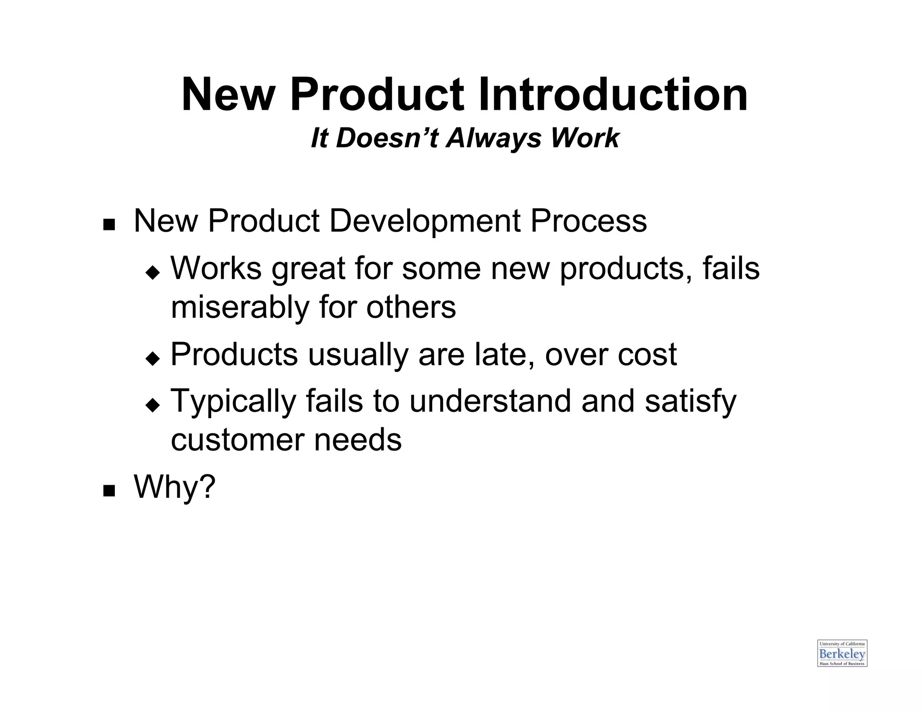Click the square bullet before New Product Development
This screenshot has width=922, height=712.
coord(108,224)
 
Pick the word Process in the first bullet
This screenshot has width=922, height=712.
coord(588,221)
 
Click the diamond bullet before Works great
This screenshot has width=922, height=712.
coord(153,272)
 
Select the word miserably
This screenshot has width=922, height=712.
coord(240,307)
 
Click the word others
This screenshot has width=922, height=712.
coord(411,307)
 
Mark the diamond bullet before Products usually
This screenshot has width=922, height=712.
coord(153,358)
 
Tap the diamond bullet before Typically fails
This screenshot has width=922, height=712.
coord(153,405)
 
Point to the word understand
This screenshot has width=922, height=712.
coord(490,401)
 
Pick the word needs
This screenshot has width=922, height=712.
coord(357,440)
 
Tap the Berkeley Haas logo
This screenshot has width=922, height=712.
coord(842,653)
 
